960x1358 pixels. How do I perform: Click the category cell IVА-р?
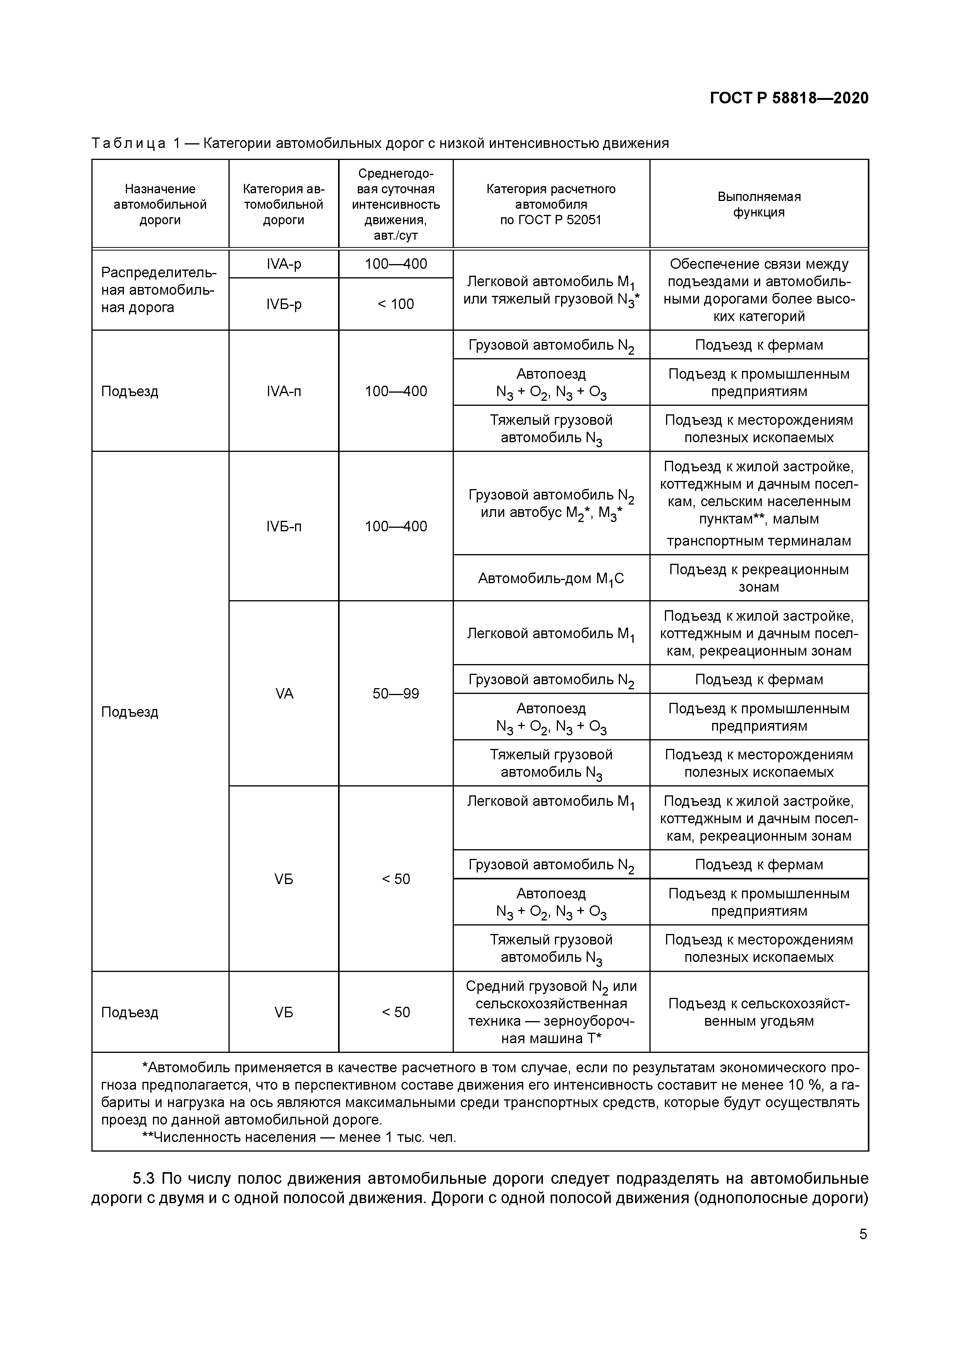(x=284, y=264)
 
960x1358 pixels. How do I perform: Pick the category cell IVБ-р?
(x=284, y=304)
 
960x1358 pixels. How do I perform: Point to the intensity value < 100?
(x=396, y=304)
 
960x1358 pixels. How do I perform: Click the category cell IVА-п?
(x=284, y=391)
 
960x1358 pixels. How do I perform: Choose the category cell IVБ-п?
(x=284, y=526)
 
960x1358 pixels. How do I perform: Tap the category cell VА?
(x=284, y=693)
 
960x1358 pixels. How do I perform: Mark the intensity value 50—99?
(x=396, y=693)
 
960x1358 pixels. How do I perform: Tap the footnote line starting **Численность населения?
(x=299, y=1137)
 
